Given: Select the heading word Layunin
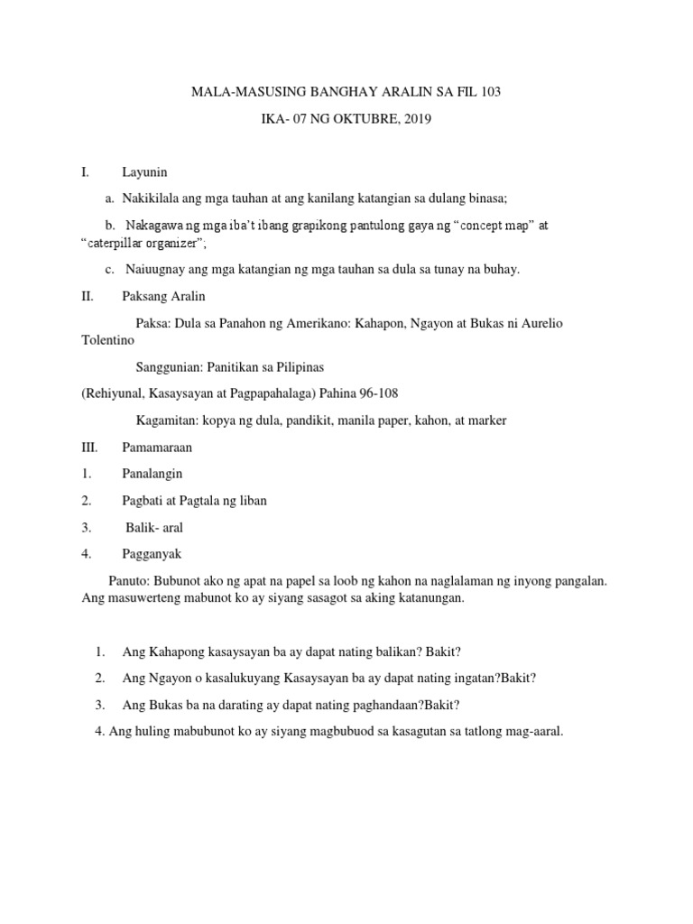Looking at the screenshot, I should pos(145,172).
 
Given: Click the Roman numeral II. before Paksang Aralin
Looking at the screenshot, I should pos(88,295).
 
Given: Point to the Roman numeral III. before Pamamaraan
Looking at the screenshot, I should pos(90,447).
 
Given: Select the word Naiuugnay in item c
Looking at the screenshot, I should pos(154,269).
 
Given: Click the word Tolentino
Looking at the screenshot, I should pos(107,341).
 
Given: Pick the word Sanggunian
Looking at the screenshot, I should pos(169,367).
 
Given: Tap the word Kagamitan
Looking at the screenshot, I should pos(167,420).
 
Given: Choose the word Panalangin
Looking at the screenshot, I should pos(152,473).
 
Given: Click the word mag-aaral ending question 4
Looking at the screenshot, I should pos(531,732).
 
